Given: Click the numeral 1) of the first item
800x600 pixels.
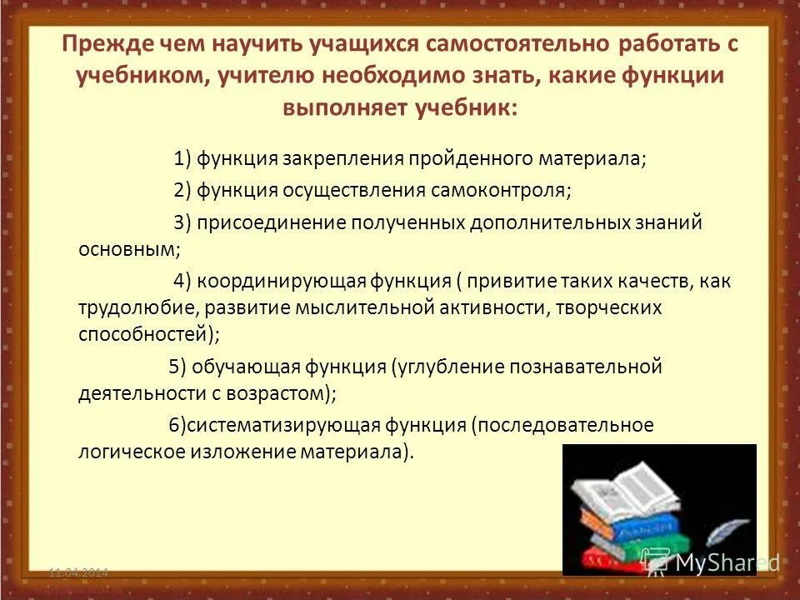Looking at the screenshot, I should (183, 159).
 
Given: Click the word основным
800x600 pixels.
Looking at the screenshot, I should (128, 248).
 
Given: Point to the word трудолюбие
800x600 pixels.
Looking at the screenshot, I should (138, 307).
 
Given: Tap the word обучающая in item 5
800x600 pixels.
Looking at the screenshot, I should (254, 366).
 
